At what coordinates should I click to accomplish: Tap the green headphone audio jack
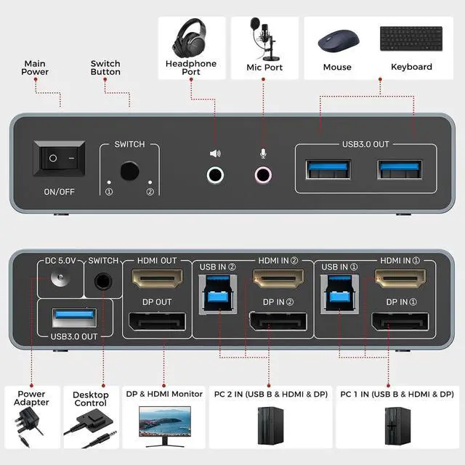point(216,174)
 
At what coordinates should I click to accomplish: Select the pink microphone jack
point(262,174)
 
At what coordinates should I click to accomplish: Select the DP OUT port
point(158,323)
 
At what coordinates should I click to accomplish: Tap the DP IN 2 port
point(277,323)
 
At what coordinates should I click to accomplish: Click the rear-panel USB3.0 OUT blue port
point(74,318)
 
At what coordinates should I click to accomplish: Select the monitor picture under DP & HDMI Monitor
point(163,427)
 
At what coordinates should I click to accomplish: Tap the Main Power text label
point(35,68)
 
